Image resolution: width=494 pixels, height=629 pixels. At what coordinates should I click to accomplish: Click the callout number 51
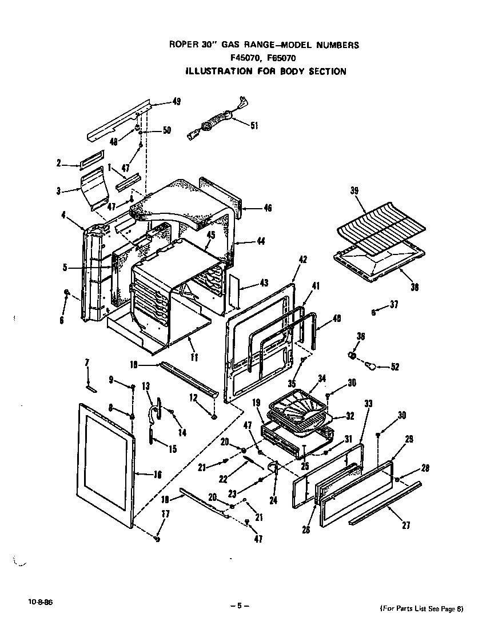click(254, 126)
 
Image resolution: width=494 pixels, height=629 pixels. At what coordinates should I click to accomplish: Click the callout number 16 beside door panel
click(158, 473)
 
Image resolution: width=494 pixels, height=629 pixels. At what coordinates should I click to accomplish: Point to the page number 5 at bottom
click(240, 606)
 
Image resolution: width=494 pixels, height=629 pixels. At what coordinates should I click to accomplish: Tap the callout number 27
click(405, 526)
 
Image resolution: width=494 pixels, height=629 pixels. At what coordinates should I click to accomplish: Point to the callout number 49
click(176, 102)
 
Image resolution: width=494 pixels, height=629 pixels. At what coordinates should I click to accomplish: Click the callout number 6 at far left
click(61, 321)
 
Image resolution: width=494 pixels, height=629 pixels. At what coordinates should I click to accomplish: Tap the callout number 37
click(393, 305)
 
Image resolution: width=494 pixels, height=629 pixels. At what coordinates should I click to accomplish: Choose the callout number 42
click(303, 260)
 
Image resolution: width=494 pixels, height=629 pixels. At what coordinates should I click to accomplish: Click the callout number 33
click(368, 404)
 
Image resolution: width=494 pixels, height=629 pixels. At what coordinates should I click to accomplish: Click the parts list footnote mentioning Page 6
click(421, 608)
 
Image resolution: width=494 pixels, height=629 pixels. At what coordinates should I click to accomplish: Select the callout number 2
click(58, 164)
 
